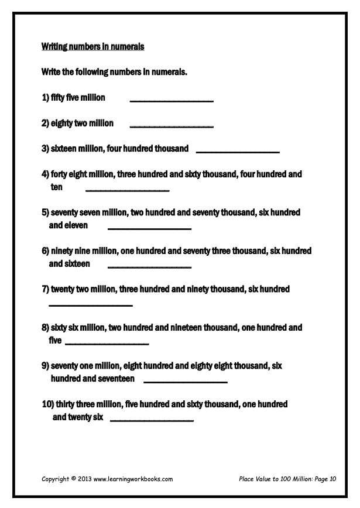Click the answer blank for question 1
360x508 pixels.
click(172, 101)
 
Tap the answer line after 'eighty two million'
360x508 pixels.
click(171, 126)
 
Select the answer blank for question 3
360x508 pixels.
click(238, 152)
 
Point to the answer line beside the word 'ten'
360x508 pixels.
click(127, 190)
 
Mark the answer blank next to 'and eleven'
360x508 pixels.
click(150, 228)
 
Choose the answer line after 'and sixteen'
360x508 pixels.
click(150, 267)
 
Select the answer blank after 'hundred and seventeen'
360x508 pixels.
click(185, 382)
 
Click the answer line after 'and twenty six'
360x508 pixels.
click(152, 420)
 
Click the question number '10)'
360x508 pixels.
click(47, 404)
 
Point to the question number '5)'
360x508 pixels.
click(45, 213)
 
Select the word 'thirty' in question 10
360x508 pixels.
click(68, 404)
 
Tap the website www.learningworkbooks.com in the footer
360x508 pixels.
click(133, 479)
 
